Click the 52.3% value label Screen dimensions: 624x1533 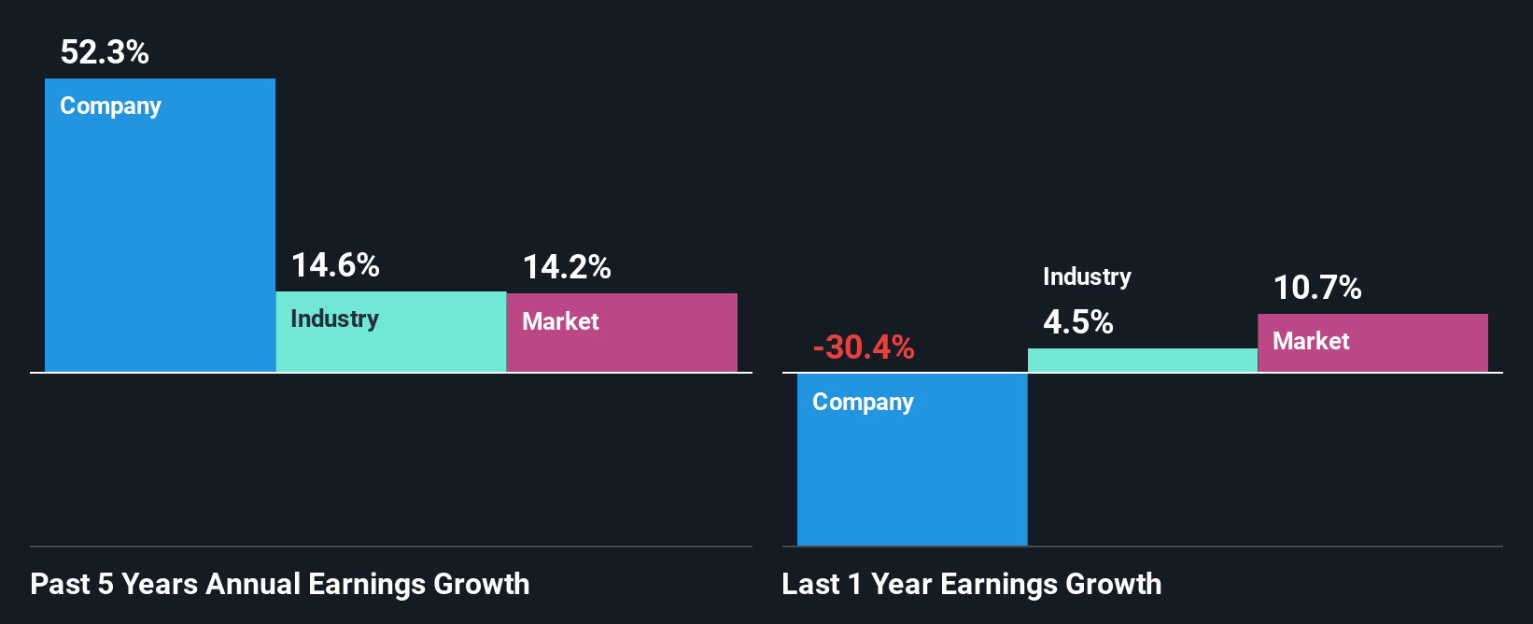[x=105, y=52]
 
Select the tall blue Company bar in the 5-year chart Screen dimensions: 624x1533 [x=160, y=243]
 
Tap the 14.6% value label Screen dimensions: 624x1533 [x=335, y=265]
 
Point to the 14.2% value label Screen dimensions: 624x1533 [x=566, y=267]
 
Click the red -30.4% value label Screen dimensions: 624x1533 [x=864, y=347]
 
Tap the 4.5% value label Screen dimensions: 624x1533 [x=1077, y=322]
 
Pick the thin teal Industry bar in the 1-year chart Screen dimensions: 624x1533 [x=1142, y=361]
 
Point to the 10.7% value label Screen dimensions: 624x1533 [x=1317, y=288]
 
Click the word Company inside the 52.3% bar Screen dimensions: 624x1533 [x=110, y=106]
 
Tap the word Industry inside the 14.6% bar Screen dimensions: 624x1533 [x=334, y=319]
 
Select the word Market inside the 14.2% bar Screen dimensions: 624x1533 [x=560, y=321]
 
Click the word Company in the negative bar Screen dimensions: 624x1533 [x=863, y=403]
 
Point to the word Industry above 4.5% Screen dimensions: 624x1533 [x=1087, y=277]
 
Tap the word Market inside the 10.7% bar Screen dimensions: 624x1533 [x=1311, y=341]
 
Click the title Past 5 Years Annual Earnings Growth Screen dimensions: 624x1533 [x=280, y=584]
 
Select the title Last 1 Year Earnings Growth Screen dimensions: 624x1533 [x=971, y=584]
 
